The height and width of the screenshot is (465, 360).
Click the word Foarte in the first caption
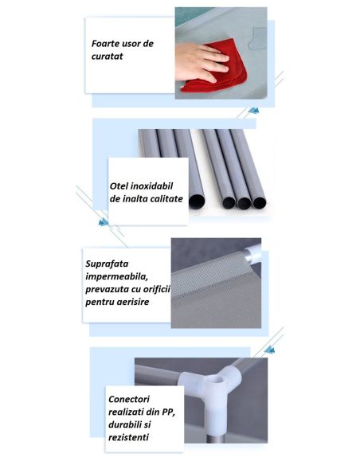(104, 44)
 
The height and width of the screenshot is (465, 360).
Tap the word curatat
(107, 57)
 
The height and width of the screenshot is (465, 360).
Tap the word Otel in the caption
(119, 186)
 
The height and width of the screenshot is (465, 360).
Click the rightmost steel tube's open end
(260, 202)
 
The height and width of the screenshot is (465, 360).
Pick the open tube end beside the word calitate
(196, 201)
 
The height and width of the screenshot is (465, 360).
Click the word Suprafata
(107, 264)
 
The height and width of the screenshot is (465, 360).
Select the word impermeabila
(116, 276)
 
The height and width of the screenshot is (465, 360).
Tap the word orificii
(157, 289)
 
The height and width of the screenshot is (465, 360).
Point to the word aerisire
(133, 303)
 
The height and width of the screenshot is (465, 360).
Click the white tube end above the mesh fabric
(252, 253)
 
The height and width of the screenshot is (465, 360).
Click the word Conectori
(129, 399)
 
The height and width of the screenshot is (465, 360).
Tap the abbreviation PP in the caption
(168, 412)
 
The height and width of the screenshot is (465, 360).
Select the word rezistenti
(128, 437)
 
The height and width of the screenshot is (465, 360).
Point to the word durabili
(125, 424)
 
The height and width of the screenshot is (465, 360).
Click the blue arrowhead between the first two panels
(254, 111)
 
